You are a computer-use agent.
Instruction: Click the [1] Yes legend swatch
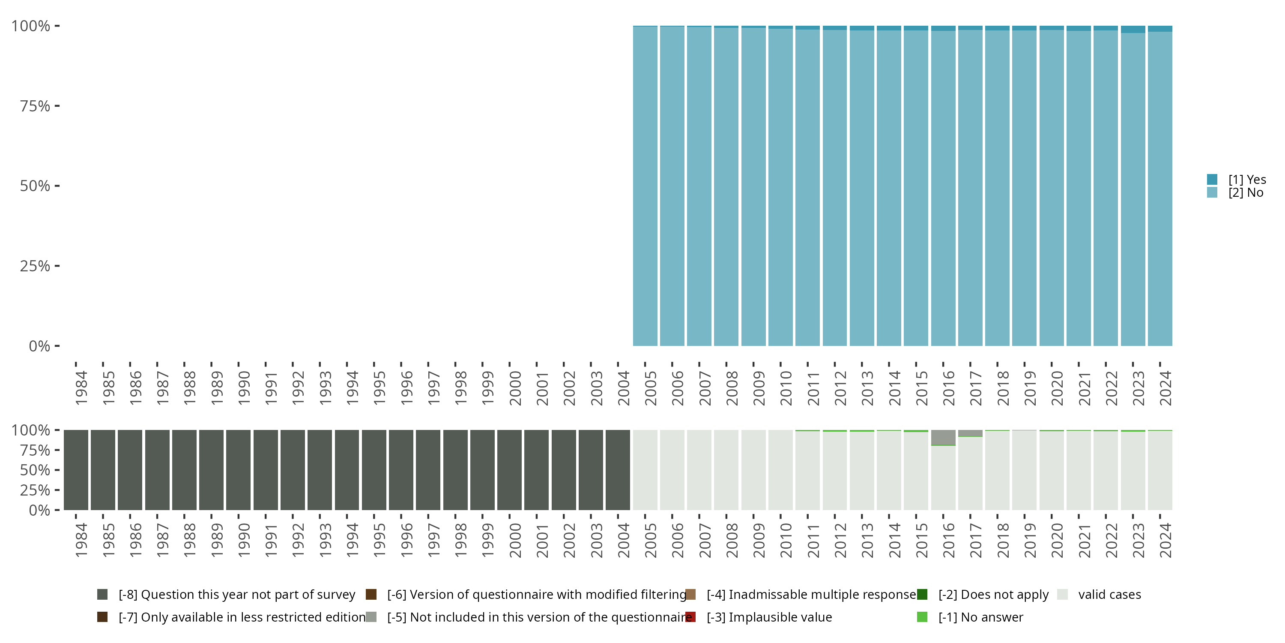[1212, 179]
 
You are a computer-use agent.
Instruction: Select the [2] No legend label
[1246, 193]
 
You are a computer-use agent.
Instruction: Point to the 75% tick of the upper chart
[57, 106]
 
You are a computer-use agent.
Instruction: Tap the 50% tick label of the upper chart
[35, 186]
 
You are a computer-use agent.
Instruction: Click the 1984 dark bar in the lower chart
[76, 470]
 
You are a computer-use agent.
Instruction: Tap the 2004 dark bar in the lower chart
[618, 470]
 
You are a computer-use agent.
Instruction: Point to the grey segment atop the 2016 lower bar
[943, 437]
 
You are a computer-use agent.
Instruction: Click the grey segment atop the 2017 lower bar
[970, 433]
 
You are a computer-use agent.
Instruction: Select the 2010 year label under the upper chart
[786, 388]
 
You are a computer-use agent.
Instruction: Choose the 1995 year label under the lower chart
[379, 541]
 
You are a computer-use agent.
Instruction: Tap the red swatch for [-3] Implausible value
[690, 617]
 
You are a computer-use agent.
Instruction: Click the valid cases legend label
[1109, 595]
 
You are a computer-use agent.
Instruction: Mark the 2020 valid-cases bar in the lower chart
[1052, 470]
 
